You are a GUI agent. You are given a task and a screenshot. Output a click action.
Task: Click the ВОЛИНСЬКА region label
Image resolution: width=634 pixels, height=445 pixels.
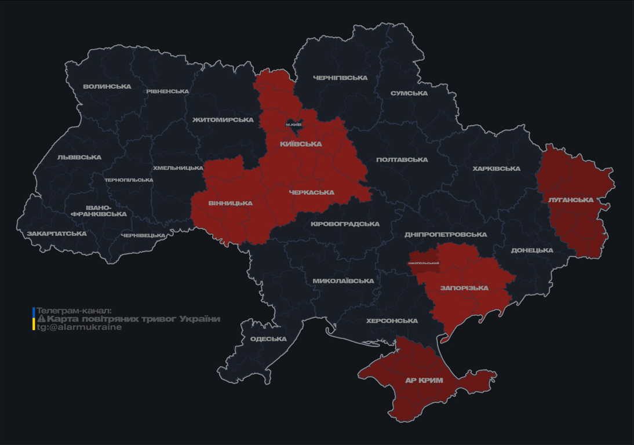107,87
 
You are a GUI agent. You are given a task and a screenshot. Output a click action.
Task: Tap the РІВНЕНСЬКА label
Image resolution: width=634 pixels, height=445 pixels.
167,92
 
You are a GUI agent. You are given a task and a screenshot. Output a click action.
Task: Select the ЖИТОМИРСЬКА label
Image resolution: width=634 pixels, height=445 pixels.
223,120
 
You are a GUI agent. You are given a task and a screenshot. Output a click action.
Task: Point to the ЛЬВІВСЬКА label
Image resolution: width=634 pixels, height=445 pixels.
79,158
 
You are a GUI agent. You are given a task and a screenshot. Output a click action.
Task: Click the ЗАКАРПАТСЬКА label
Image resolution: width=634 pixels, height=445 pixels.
57,234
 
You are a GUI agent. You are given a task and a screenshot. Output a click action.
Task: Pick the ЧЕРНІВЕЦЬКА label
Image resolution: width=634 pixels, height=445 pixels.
143,236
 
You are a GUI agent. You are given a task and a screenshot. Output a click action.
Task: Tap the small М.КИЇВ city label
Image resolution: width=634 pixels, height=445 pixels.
294,125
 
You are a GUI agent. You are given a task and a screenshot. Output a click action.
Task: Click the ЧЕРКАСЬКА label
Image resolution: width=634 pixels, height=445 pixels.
311,192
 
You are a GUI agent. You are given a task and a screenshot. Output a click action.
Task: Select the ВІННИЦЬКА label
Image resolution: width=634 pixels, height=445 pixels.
231,203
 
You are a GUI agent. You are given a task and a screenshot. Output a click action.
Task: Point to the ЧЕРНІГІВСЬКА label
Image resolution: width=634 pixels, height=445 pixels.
340,78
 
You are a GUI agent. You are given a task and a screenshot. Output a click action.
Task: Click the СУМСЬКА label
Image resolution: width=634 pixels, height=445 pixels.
409,93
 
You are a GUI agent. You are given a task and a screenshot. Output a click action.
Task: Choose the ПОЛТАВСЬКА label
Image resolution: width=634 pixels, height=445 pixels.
402,160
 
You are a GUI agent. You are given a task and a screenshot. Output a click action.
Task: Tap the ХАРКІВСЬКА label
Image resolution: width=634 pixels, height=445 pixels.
497,169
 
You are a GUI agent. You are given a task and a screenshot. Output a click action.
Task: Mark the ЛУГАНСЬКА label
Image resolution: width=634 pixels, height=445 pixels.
571,200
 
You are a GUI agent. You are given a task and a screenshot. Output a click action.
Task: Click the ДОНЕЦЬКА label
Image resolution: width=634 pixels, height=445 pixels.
532,251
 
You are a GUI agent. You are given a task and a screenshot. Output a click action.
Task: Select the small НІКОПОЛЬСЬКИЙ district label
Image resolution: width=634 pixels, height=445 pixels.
424,263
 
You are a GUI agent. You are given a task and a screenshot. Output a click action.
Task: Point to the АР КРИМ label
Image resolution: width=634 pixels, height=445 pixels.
424,381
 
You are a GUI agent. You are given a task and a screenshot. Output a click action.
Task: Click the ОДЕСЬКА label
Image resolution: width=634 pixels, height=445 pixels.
268,340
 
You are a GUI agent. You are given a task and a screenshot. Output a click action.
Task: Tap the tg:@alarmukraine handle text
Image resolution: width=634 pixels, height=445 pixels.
79,327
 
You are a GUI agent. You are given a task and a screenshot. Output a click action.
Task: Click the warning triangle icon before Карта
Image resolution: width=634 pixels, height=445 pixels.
41,319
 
